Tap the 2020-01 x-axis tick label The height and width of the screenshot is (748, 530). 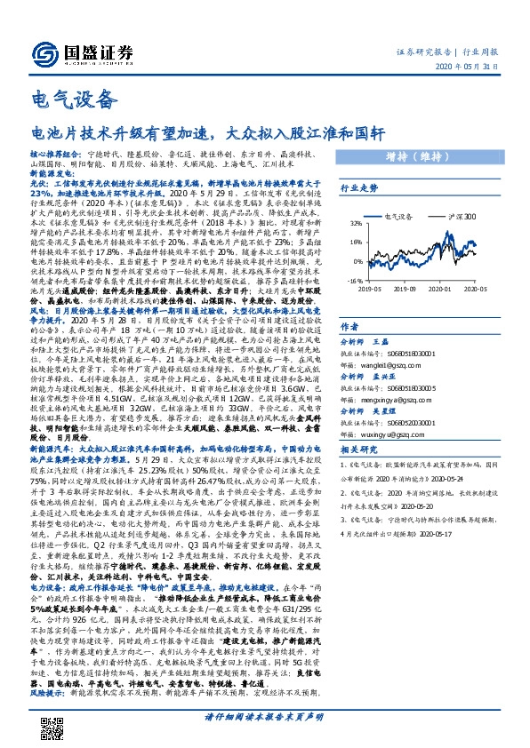[x=457, y=288]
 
